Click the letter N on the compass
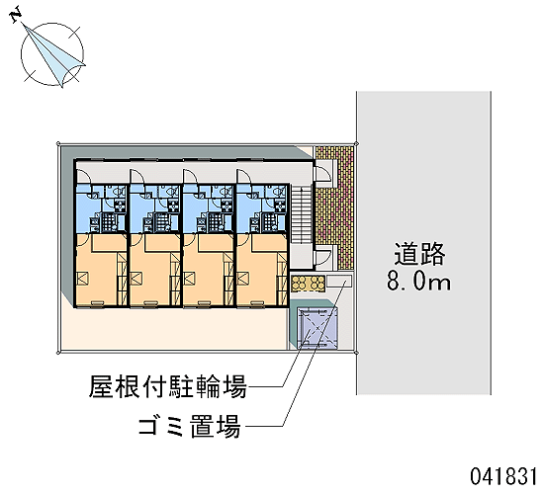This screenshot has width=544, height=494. pos(16,16)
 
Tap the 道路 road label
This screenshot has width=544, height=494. pos(419,254)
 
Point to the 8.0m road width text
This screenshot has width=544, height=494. pos(418,282)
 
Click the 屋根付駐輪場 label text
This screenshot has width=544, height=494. pos(168,386)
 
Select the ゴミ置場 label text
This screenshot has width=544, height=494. pos(190,426)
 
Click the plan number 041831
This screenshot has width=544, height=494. pos(503,476)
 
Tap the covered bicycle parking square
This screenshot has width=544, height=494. pos(317,328)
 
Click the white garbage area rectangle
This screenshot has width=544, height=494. pos(339,281)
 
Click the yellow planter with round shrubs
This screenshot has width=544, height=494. pos(308,283)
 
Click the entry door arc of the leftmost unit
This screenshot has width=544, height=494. pos(83,176)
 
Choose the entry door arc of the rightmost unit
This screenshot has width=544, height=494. pos(244,176)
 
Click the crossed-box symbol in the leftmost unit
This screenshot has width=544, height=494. pos(83,279)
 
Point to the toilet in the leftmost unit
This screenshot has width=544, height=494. pos(120,191)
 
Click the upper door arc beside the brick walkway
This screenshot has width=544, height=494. pos(323,172)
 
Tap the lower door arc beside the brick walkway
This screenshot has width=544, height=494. pos(323,257)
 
